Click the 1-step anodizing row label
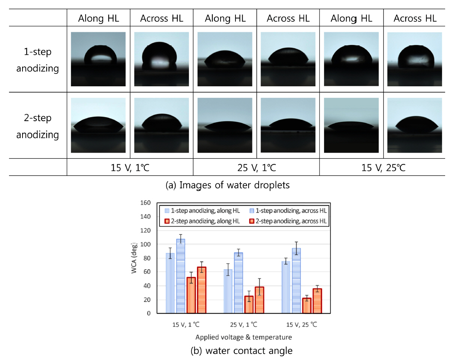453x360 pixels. [x=37, y=60]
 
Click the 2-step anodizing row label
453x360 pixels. [x=37, y=126]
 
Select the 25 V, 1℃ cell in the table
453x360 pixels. [x=256, y=167]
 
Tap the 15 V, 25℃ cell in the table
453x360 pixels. [x=382, y=167]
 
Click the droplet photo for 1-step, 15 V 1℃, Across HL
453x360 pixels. [x=161, y=59]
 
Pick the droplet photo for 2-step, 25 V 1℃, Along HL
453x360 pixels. [x=225, y=125]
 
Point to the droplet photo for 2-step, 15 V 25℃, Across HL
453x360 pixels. [x=414, y=125]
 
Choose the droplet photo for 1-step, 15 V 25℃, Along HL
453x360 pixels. [x=351, y=59]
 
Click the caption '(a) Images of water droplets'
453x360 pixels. [x=228, y=185]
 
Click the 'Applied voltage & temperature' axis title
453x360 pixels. [x=243, y=337]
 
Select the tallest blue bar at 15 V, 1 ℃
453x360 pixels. [x=180, y=276]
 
